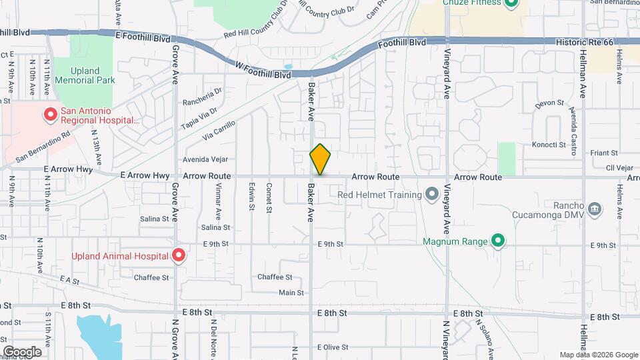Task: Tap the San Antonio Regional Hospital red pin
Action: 49,115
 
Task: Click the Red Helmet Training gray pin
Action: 432,195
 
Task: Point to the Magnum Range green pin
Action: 497,241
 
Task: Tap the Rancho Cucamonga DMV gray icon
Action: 595,210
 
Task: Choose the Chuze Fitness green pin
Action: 511,3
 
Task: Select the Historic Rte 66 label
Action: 583,41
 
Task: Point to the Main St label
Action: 291,293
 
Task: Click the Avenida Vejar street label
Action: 210,159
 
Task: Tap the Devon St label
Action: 550,104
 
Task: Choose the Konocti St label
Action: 549,145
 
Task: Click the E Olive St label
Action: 333,347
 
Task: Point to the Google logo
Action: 22,351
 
